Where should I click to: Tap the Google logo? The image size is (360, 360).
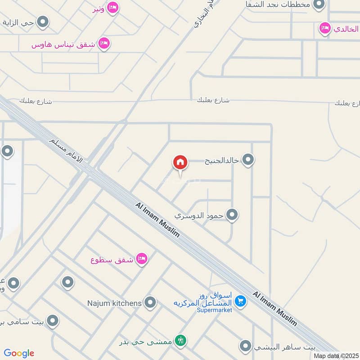(19, 353)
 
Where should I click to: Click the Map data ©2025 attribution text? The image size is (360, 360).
(336, 355)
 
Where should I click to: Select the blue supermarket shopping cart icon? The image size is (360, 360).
(241, 301)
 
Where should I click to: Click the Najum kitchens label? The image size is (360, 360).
(114, 303)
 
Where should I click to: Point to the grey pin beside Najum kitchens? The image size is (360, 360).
(150, 302)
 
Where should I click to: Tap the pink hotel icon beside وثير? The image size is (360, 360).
(113, 7)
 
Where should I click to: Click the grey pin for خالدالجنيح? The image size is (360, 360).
(248, 159)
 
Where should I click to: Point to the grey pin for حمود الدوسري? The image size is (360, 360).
(232, 215)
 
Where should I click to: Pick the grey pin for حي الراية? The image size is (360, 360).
(43, 22)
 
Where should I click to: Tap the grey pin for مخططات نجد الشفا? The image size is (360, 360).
(319, 5)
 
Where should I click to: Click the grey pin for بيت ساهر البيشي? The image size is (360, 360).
(245, 346)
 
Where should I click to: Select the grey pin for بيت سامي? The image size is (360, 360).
(53, 321)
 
